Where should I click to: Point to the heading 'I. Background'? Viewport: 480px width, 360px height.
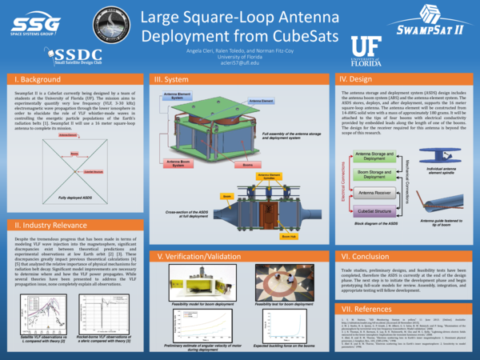point(37,81)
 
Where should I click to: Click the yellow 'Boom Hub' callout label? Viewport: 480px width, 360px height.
point(286,237)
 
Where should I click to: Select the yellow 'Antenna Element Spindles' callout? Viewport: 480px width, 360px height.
point(269,175)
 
